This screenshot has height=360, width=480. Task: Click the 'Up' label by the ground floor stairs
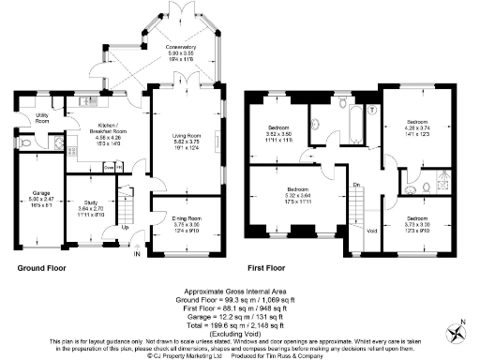pos(126,228)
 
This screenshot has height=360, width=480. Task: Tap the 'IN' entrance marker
pos(137,253)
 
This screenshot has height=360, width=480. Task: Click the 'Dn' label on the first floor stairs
pos(356,187)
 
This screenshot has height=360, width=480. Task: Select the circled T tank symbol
pos(373,110)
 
